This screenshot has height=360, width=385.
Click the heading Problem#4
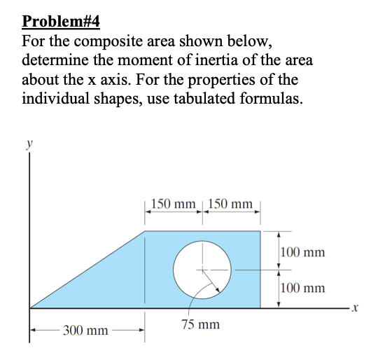coord(61,21)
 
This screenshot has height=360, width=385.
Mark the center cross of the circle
coord(203,270)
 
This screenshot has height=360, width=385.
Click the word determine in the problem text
coord(55,60)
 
